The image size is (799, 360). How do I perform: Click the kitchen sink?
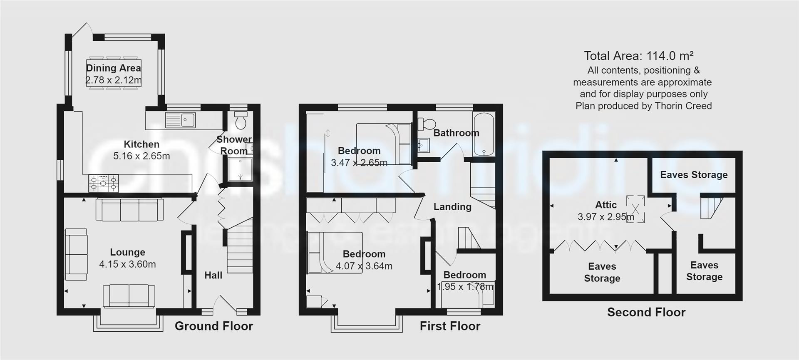pyautogui.click(x=181, y=120)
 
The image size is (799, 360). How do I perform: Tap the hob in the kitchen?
pyautogui.click(x=103, y=184)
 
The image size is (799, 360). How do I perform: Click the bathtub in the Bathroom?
pyautogui.click(x=484, y=134)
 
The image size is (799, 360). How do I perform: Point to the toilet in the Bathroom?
pyautogui.click(x=427, y=123)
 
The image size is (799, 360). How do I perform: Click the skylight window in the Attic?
pyautogui.click(x=635, y=209)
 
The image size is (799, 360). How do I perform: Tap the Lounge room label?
pyautogui.click(x=128, y=252)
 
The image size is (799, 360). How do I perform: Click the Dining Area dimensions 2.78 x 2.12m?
pyautogui.click(x=114, y=80)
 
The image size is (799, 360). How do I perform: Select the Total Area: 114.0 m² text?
pyautogui.click(x=639, y=56)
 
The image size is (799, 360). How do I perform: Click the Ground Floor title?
pyautogui.click(x=213, y=326)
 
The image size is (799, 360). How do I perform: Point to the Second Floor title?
pyautogui.click(x=646, y=312)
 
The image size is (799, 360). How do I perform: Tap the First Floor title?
pyautogui.click(x=450, y=326)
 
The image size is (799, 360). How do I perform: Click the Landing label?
pyautogui.click(x=452, y=206)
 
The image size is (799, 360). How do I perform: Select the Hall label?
pyautogui.click(x=213, y=275)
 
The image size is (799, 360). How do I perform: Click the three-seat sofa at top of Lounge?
pyautogui.click(x=129, y=209)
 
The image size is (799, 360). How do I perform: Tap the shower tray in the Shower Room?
pyautogui.click(x=240, y=170)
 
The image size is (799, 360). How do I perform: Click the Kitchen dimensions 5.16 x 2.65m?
pyautogui.click(x=141, y=156)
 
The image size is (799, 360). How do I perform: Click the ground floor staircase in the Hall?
pyautogui.click(x=240, y=250)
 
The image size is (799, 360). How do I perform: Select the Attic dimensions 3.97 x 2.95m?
pyautogui.click(x=605, y=216)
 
